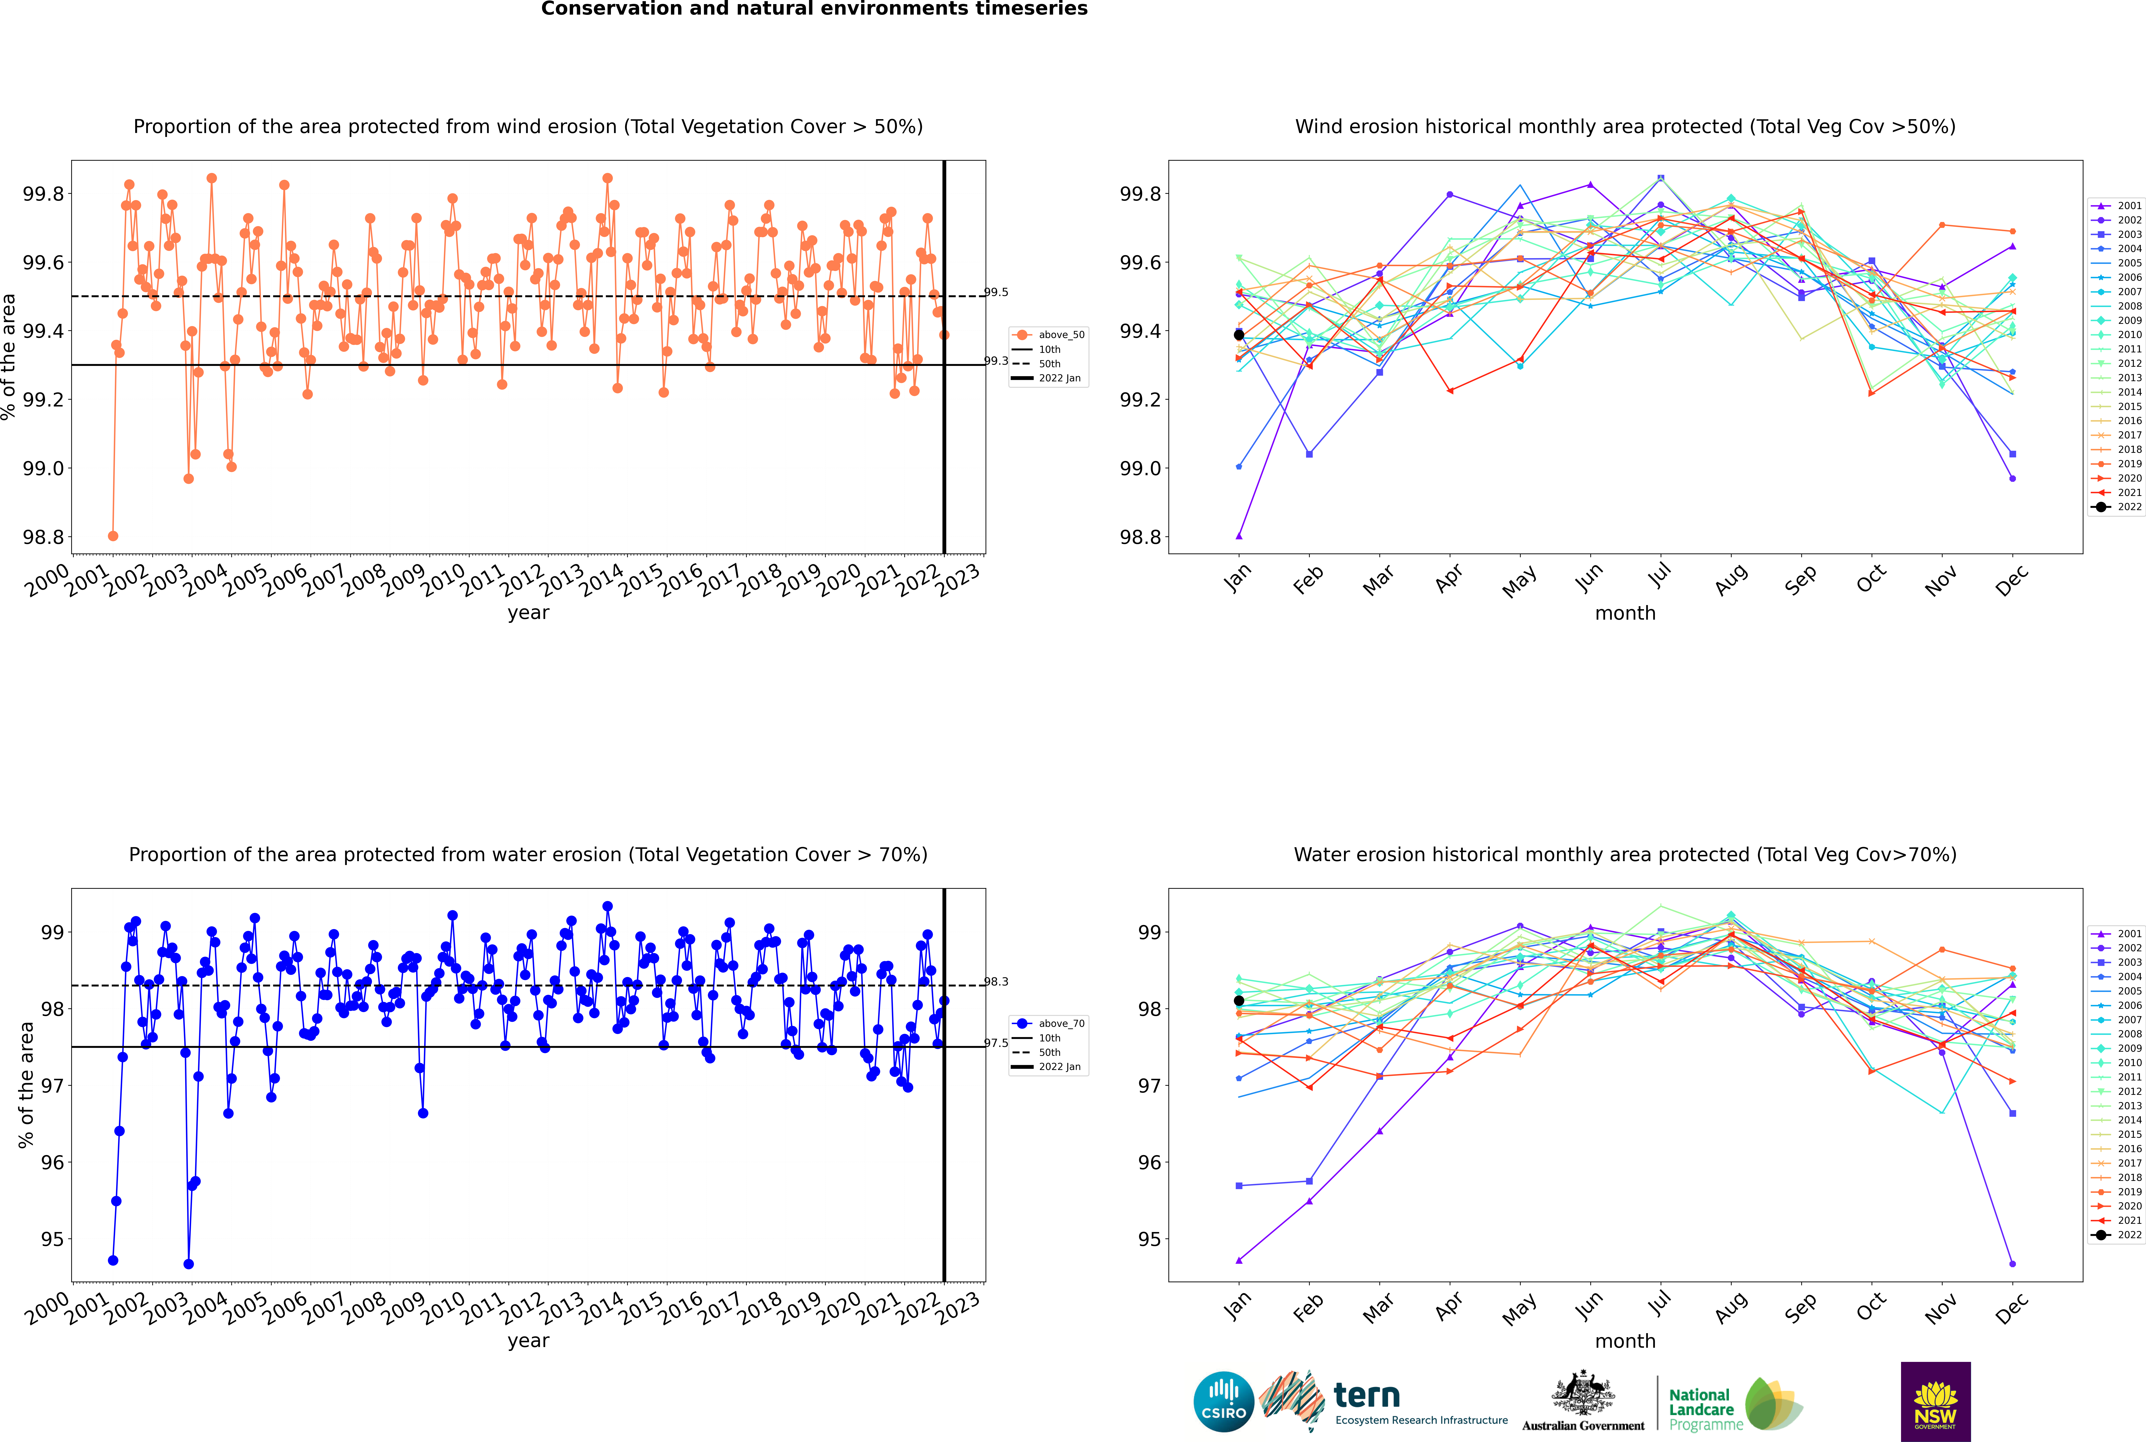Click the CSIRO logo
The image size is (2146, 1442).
[x=1223, y=1402]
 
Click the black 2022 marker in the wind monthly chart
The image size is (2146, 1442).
[x=1239, y=335]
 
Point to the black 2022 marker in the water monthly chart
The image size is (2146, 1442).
[x=1239, y=1001]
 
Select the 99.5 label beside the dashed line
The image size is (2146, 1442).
[x=996, y=292]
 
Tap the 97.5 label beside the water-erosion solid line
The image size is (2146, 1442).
[x=996, y=1043]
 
